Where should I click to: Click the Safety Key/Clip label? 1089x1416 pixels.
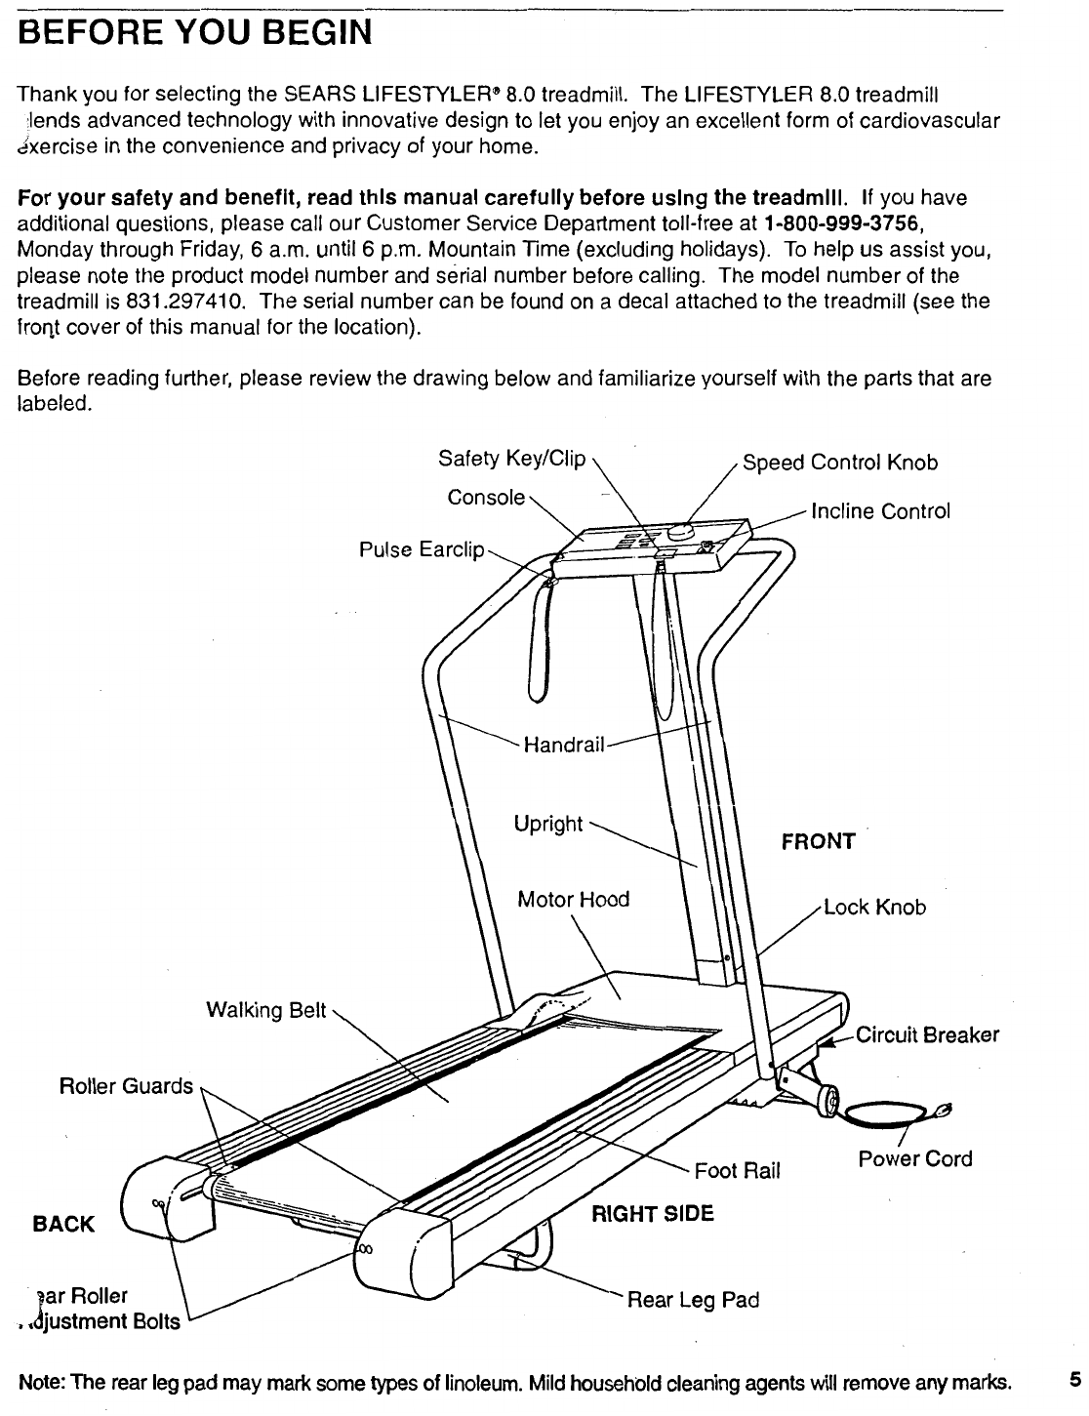[x=511, y=459]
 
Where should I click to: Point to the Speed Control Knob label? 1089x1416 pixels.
[x=840, y=463]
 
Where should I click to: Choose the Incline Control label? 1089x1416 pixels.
[x=880, y=511]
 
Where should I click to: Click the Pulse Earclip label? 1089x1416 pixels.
[x=422, y=550]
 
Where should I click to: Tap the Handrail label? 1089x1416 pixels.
[x=565, y=747]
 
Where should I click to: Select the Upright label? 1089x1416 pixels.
[x=548, y=824]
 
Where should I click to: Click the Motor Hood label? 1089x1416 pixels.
[x=573, y=899]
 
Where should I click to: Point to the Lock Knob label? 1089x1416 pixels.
[x=874, y=908]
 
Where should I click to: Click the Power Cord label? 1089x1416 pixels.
[x=914, y=1158]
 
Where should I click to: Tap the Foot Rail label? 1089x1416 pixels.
[x=737, y=1170]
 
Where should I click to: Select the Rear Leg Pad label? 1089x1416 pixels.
[x=692, y=1300]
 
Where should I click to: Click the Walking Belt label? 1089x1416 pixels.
[x=265, y=1010]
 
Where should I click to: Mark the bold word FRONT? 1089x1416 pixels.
[x=818, y=841]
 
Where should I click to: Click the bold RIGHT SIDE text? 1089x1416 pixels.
[x=653, y=1213]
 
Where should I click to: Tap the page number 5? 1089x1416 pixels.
[x=1074, y=1380]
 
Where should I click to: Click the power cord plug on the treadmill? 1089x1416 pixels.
[x=942, y=1110]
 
